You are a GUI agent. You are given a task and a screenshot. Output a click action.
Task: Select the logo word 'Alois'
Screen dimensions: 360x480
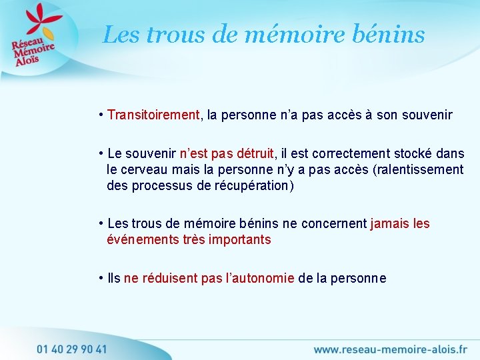pos(29,60)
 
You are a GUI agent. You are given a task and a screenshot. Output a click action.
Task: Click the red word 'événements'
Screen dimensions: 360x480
pos(143,239)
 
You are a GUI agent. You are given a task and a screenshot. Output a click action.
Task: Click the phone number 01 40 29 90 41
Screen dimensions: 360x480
pos(72,348)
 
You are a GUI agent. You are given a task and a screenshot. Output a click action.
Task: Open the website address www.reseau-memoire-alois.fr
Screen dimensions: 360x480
pos(389,349)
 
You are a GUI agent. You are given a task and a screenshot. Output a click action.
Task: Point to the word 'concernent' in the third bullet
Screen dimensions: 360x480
pos(333,224)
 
